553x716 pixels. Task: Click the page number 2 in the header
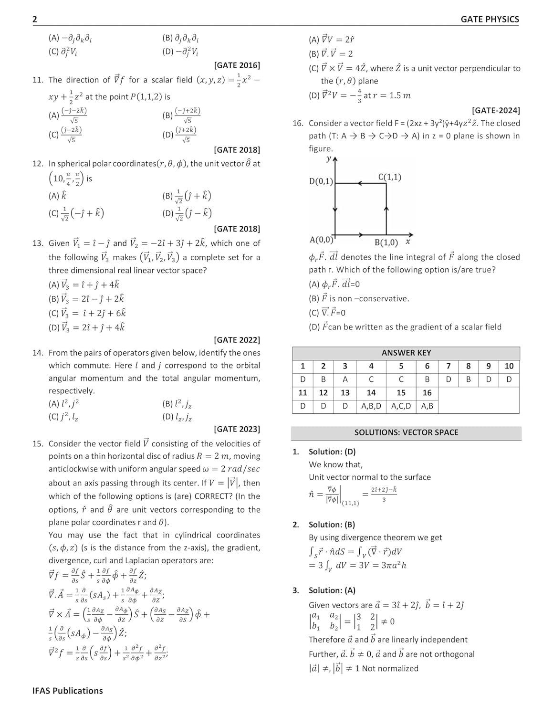tap(35, 19)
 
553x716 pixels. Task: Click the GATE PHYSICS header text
tap(490, 19)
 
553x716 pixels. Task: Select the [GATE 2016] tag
tap(237, 65)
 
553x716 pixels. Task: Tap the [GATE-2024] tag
tap(496, 110)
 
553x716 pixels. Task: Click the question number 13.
tap(38, 243)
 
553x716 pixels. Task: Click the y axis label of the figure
tap(329, 158)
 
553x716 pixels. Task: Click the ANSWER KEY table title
tap(406, 353)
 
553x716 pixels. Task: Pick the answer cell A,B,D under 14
tap(371, 406)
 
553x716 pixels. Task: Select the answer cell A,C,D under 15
tap(401, 406)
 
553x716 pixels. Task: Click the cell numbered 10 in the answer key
tap(509, 366)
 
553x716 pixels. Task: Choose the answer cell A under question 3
tap(345, 379)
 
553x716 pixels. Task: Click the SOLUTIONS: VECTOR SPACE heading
tap(406, 432)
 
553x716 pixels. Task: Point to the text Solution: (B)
tap(332, 525)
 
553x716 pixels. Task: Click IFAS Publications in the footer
tap(68, 691)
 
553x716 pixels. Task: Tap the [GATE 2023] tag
tap(237, 429)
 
